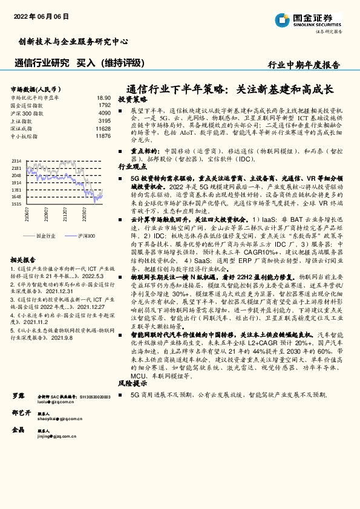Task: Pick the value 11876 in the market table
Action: [x=103, y=137]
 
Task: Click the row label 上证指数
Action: [x=24, y=121]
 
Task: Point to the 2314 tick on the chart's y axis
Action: [x=16, y=160]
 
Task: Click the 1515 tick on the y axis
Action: [x=16, y=204]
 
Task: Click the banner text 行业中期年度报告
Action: [x=304, y=65]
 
